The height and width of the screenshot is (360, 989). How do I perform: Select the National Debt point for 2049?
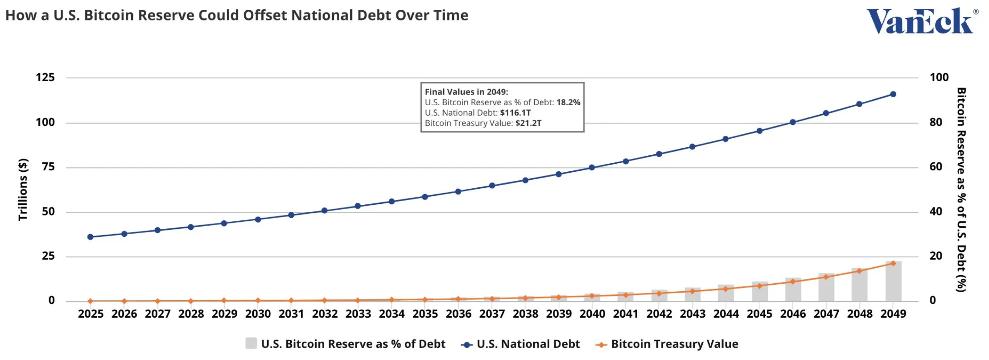[893, 94]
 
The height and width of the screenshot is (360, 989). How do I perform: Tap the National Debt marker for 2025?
[91, 237]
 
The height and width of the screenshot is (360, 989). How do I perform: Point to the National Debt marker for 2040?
[592, 168]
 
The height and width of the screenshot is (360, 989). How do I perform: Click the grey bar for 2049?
[893, 281]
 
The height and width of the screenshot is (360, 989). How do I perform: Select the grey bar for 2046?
[793, 290]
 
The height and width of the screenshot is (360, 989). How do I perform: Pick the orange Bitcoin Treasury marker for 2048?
[859, 271]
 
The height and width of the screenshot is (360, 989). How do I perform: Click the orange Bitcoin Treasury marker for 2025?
[91, 301]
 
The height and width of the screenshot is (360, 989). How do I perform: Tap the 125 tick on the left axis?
[45, 78]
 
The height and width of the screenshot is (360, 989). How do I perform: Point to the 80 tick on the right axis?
[936, 122]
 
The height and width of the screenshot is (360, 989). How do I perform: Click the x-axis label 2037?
[492, 314]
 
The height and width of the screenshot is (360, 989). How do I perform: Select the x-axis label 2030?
[258, 314]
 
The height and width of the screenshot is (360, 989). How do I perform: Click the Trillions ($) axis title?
[23, 190]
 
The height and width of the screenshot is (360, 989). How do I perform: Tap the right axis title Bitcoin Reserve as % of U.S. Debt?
[961, 190]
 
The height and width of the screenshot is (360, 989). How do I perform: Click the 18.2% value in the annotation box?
[568, 102]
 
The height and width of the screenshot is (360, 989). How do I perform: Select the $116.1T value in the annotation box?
[515, 113]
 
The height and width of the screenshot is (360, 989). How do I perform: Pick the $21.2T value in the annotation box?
[528, 123]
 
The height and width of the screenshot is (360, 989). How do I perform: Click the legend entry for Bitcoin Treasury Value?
[668, 344]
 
